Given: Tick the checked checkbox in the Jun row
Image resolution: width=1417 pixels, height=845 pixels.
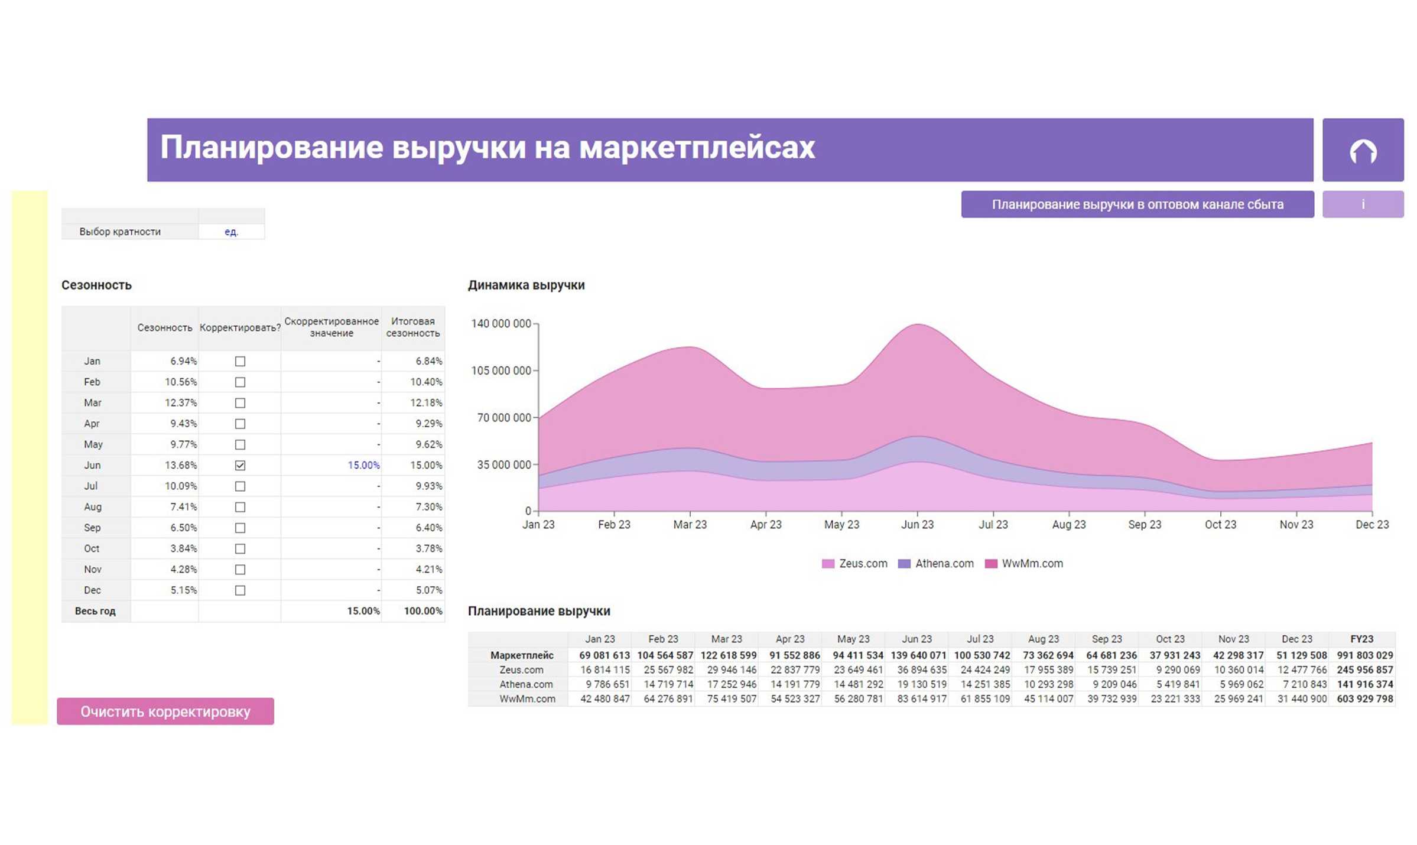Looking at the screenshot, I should click(x=240, y=465).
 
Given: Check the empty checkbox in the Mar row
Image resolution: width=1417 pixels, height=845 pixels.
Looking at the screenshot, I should click(x=240, y=403).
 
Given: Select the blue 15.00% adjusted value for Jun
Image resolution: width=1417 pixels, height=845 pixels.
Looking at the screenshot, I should click(x=363, y=465).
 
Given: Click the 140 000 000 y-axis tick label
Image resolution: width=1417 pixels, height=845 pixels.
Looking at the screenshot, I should click(x=500, y=324).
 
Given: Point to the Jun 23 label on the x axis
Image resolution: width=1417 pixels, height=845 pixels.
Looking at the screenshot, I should click(x=916, y=525).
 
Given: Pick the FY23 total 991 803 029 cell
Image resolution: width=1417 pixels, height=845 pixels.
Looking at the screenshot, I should click(x=1364, y=655).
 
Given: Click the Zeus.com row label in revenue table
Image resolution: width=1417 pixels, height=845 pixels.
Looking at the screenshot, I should click(x=521, y=670).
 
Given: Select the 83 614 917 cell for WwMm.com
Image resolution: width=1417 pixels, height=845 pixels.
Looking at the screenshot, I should click(x=921, y=699).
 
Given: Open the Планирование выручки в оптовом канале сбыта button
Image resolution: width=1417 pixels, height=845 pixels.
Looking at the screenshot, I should click(x=1137, y=204).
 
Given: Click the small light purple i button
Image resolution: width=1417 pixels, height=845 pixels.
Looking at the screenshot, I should click(x=1363, y=204).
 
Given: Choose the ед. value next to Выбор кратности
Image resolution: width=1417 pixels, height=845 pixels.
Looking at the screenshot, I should click(x=231, y=232).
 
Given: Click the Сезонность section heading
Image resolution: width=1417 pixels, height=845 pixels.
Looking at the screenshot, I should click(x=96, y=285).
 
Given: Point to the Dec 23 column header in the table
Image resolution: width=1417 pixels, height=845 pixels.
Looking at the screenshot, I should click(x=1296, y=639).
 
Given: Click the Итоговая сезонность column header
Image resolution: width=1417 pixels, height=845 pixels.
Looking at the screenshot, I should click(x=412, y=327).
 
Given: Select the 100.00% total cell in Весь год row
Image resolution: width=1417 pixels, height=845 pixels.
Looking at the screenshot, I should click(x=422, y=611).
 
